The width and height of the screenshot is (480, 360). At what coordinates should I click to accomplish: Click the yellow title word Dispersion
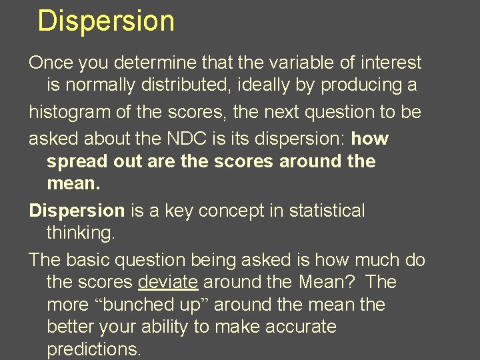(x=106, y=21)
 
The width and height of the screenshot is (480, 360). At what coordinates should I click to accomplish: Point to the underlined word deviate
(x=168, y=282)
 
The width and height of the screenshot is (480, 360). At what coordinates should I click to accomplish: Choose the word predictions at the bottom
(x=93, y=349)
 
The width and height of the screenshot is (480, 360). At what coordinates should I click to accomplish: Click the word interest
(x=391, y=63)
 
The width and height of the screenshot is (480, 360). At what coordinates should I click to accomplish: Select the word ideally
(x=291, y=85)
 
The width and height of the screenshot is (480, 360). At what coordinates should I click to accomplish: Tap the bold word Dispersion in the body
(x=77, y=211)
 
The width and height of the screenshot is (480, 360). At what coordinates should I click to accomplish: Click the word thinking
(x=79, y=233)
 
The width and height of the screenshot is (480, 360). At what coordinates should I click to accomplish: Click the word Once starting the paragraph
(x=51, y=63)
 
